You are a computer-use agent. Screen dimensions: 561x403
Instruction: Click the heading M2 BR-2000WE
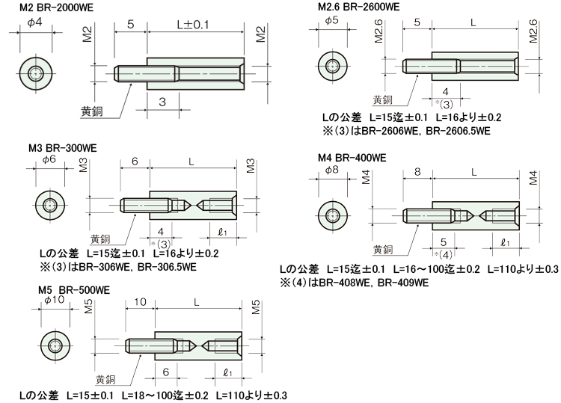coord(56,8)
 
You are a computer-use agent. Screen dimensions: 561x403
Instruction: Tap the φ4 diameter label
coord(34,22)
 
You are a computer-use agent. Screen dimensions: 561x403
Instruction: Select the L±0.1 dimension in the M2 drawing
coord(193,25)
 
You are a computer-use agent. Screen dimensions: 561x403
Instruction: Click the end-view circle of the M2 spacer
coord(35,74)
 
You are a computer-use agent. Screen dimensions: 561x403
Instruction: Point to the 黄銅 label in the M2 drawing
coord(91,112)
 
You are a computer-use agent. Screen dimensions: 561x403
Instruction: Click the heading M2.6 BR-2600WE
coord(359,7)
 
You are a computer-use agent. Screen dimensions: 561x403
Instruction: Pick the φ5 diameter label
coord(331,20)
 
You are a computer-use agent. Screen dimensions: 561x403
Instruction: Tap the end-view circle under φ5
coord(333,66)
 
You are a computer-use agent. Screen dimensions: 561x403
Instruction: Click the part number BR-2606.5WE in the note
coord(459,131)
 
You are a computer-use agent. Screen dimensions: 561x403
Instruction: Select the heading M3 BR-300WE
coord(63,148)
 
